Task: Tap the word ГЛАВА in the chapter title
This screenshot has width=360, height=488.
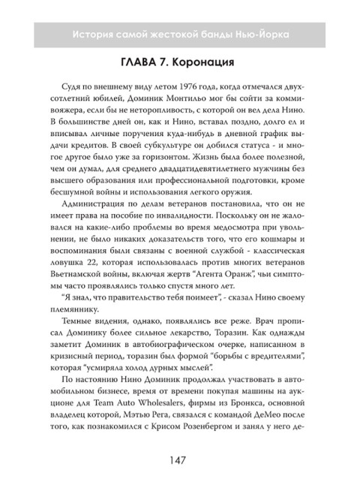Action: coord(132,61)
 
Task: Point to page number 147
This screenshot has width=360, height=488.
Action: coord(179,459)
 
